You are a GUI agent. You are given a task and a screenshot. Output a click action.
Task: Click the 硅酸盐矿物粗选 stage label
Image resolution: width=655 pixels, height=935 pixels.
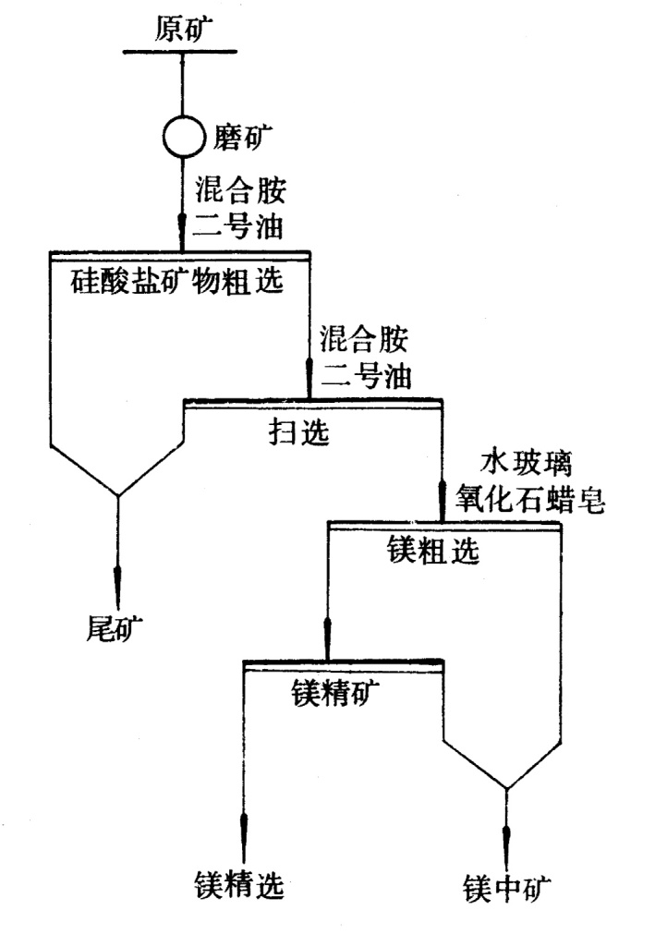pyautogui.click(x=176, y=280)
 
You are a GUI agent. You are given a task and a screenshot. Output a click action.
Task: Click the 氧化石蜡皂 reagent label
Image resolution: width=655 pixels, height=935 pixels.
pyautogui.click(x=530, y=499)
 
